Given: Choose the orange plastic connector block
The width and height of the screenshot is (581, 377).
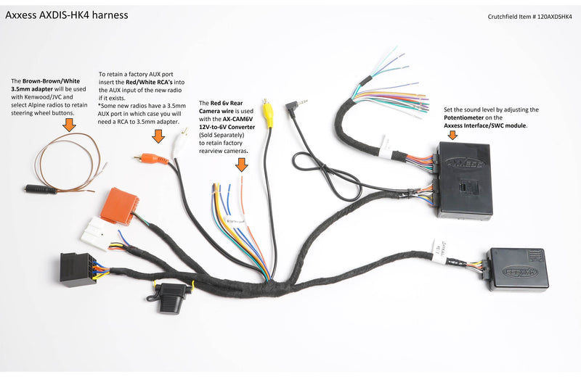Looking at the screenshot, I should pos(121,206).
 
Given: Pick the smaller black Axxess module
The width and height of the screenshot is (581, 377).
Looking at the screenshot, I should pos(516,269).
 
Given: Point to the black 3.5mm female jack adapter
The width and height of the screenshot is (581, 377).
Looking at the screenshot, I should pos(41,190).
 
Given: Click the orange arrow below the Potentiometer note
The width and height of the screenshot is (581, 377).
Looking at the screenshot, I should pos(452,135).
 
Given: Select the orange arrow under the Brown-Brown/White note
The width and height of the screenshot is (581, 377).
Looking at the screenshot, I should pos(69,125).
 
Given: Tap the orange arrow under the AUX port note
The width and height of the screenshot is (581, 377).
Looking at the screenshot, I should pos(157,136).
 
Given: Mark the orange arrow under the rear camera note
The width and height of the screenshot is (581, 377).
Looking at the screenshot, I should pos(241,164).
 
